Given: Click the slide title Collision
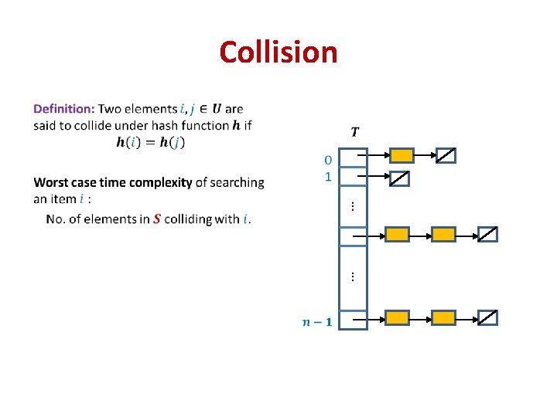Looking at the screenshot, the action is tap(278, 53).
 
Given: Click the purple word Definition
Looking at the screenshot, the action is tap(64, 109).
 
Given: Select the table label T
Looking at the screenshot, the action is tap(354, 132).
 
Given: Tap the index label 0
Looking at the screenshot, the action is tap(328, 160).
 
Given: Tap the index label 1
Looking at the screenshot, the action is tap(328, 177).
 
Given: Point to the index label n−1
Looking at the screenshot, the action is tap(317, 321).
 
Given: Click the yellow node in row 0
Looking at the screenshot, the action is tap(402, 156).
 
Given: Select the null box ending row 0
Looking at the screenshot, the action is tap(446, 156).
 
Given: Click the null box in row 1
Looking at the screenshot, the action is tap(398, 178).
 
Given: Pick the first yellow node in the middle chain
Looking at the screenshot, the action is tap(397, 234).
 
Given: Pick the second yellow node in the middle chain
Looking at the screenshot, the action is tap(443, 234).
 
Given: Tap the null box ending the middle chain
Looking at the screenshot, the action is tap(487, 234).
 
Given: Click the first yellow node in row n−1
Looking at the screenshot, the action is tap(397, 317).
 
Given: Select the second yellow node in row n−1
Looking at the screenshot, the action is tap(443, 317).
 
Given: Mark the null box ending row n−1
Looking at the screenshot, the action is tap(487, 317).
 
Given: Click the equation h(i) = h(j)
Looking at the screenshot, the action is tap(150, 142).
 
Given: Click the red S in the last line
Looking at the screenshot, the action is tap(158, 219).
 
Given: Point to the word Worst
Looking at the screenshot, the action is tap(52, 183).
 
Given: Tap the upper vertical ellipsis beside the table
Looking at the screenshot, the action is tap(352, 206).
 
